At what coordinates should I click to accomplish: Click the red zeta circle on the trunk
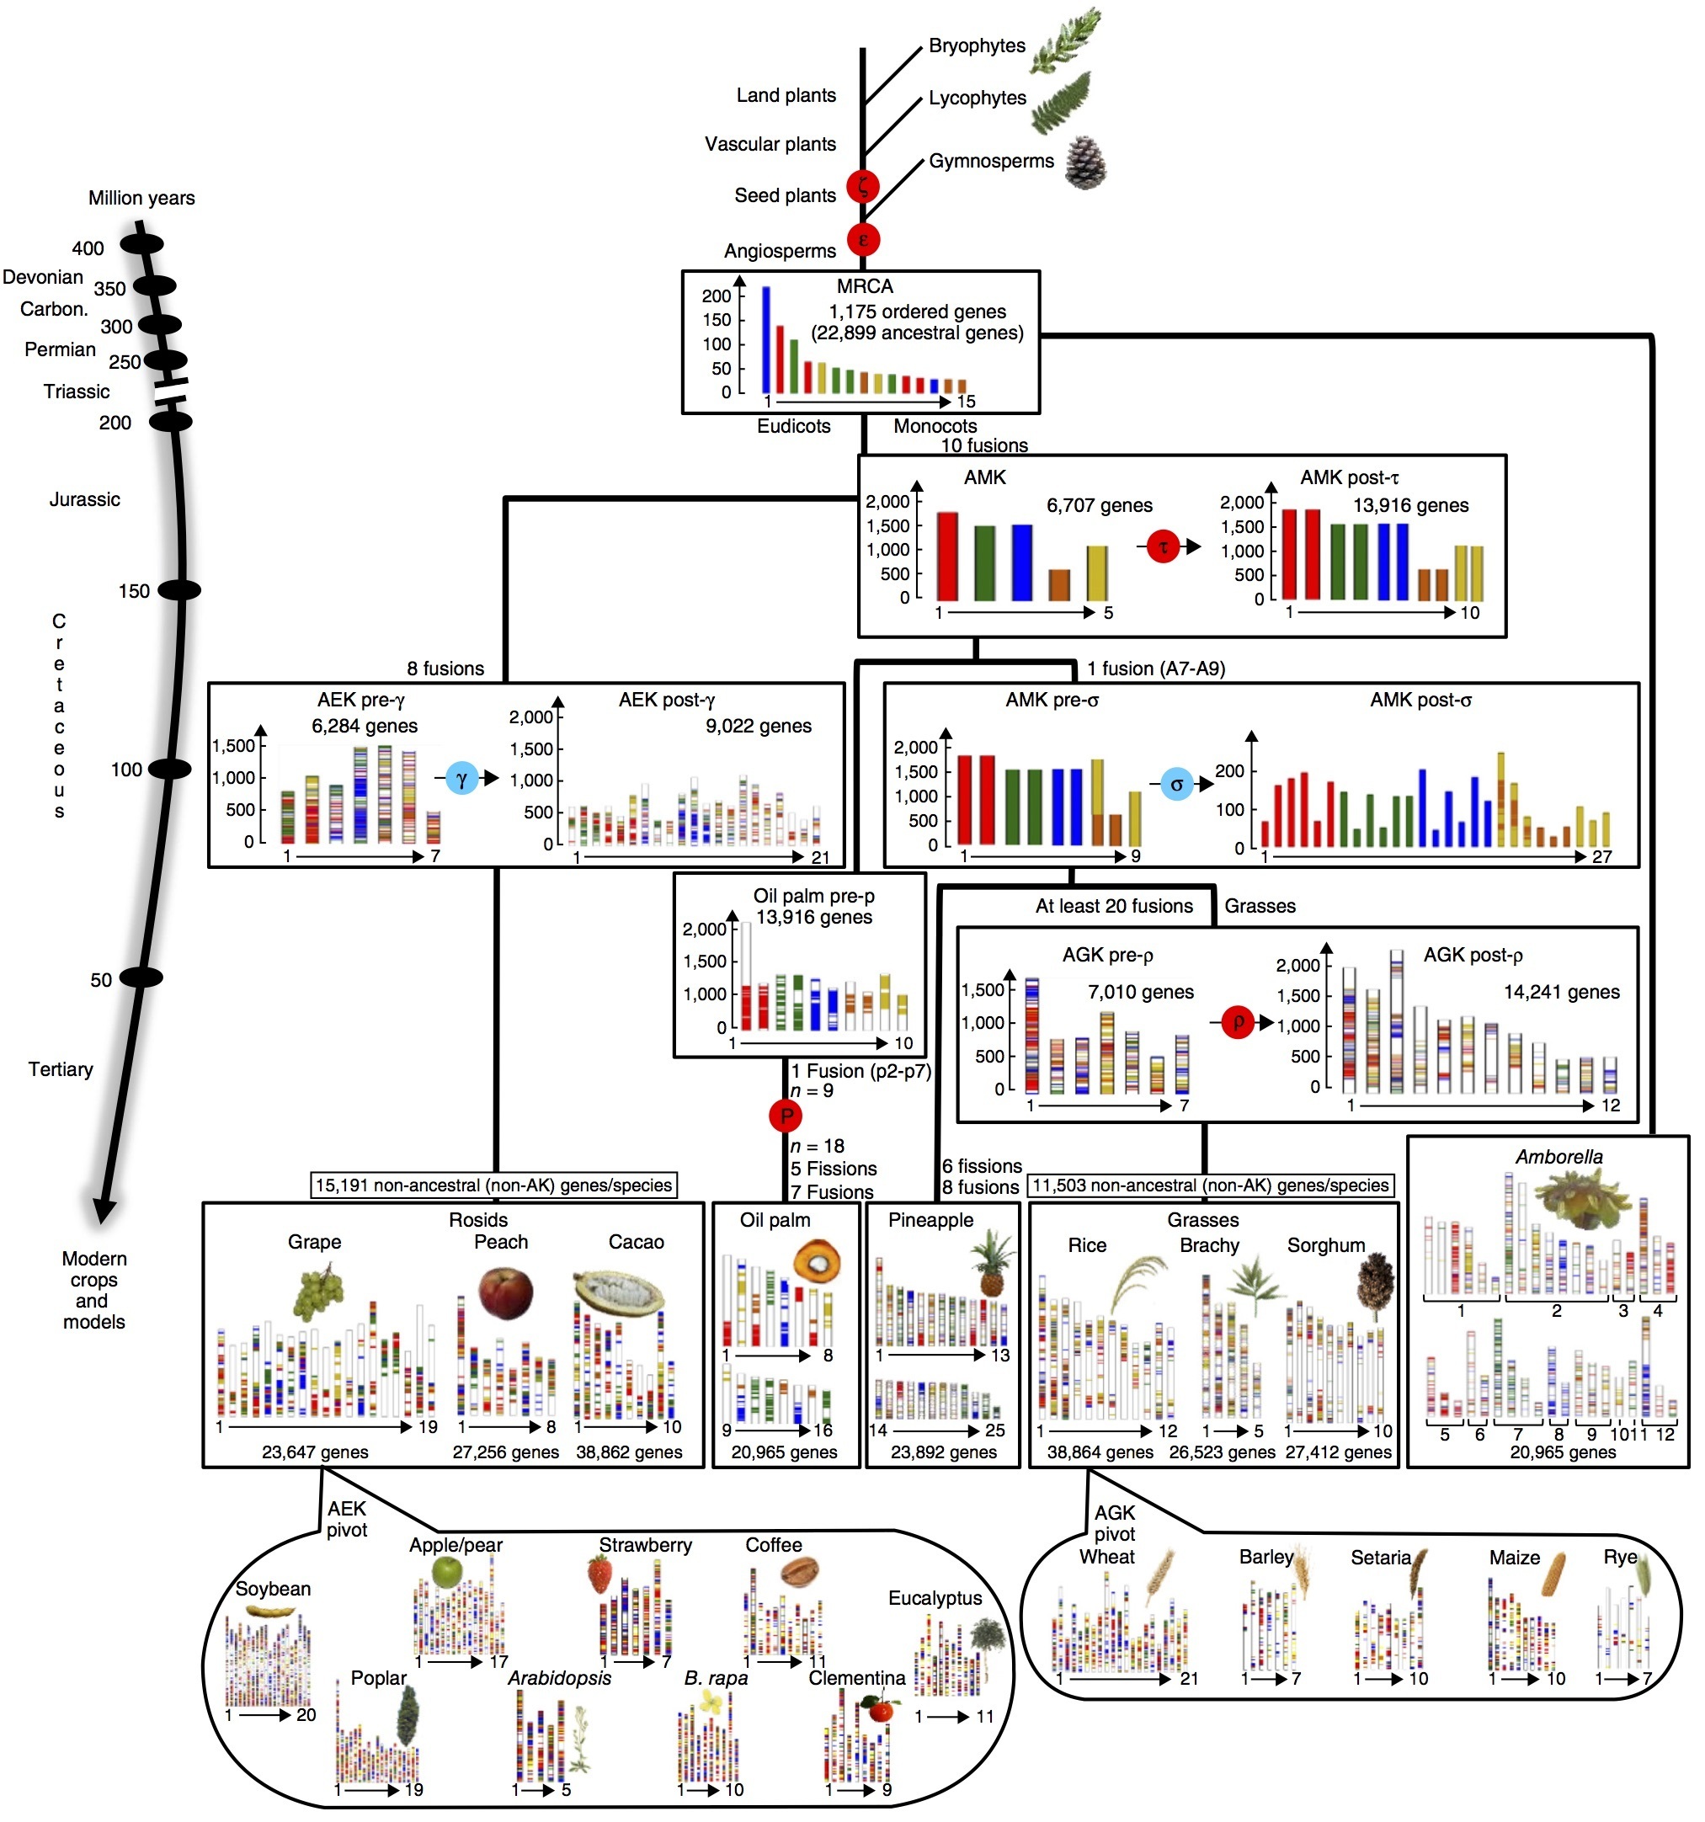point(862,186)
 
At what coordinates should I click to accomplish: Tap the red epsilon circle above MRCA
point(862,240)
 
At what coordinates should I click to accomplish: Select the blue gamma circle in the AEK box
point(462,779)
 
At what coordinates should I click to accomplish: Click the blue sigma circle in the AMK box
point(1176,785)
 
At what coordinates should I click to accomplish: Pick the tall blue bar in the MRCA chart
point(766,339)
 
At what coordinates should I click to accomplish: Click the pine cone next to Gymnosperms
point(1085,162)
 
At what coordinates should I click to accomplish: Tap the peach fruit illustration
point(505,1292)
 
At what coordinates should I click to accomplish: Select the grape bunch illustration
point(318,1292)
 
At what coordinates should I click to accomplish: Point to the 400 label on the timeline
point(88,248)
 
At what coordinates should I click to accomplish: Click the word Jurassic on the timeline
point(84,499)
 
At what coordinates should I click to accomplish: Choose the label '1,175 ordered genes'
point(918,312)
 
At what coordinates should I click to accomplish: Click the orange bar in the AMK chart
point(1058,584)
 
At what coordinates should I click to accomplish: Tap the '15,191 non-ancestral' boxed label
point(494,1185)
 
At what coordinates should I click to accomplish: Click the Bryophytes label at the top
point(978,45)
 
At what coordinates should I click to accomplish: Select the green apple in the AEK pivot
point(447,1573)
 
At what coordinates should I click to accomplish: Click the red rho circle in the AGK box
point(1238,1022)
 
